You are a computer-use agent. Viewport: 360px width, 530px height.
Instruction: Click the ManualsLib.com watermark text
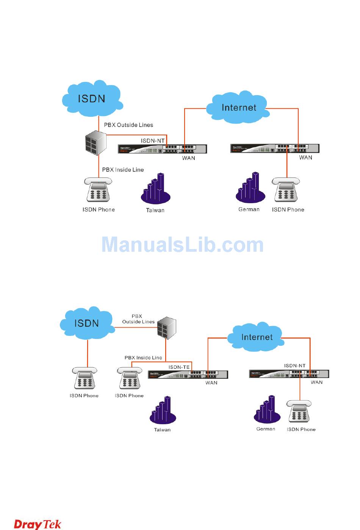(x=183, y=245)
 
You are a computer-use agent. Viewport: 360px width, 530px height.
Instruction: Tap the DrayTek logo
(x=38, y=524)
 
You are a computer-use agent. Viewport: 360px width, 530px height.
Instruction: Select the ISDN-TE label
(x=179, y=367)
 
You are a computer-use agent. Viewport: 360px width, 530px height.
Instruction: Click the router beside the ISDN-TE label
(x=188, y=375)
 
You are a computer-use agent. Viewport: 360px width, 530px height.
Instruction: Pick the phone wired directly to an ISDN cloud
(x=85, y=378)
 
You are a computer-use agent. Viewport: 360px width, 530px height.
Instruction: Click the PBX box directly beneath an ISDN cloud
(x=96, y=143)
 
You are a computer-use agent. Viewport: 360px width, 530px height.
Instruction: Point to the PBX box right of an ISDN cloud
(x=167, y=328)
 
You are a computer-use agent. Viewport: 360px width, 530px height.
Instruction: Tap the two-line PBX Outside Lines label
(x=138, y=319)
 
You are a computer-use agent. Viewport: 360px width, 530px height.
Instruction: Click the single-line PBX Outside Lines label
(x=128, y=125)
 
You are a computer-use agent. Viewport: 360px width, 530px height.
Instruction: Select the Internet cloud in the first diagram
(x=239, y=108)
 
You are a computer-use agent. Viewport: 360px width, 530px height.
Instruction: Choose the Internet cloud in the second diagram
(x=257, y=337)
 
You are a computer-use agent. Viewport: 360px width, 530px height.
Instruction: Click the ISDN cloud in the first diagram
(x=92, y=99)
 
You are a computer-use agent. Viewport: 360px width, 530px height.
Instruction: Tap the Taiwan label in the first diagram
(x=155, y=210)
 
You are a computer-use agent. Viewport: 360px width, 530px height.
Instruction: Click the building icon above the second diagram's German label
(x=267, y=410)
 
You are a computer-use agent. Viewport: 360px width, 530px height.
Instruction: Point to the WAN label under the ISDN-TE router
(x=211, y=383)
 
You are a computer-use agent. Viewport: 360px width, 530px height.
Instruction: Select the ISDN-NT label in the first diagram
(x=153, y=141)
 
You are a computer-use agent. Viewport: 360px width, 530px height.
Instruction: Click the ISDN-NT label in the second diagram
(x=295, y=365)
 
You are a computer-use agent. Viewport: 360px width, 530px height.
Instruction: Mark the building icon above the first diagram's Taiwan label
(x=155, y=189)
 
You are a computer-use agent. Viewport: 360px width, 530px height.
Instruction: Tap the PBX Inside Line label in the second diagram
(x=143, y=358)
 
